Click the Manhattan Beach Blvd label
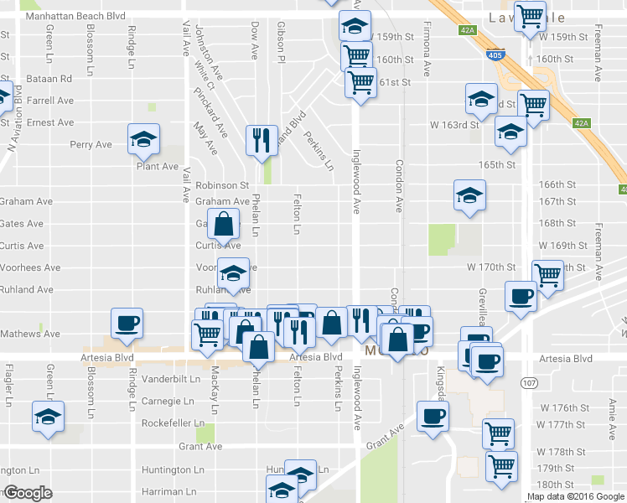[75, 16]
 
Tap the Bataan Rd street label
[49, 78]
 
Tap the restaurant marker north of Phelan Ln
[262, 140]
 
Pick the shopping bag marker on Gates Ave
[223, 225]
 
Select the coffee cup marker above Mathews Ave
[127, 323]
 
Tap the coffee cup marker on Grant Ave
[433, 416]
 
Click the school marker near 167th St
[469, 196]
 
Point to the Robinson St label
[223, 184]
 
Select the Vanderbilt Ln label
[172, 379]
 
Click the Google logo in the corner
[27, 493]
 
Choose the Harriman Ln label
[168, 491]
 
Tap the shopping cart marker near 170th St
[547, 274]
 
